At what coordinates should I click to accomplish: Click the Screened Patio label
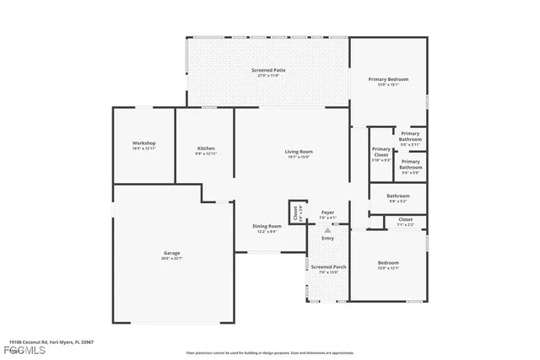point(267,73)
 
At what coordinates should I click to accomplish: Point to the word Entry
point(327,238)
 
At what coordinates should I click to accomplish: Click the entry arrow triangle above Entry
point(327,229)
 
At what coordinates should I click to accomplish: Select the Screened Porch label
point(327,269)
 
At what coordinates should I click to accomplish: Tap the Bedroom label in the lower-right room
point(388,266)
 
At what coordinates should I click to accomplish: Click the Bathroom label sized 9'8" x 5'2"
point(398,198)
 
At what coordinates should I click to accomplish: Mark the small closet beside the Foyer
point(295,213)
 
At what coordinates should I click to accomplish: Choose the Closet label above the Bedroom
point(406,222)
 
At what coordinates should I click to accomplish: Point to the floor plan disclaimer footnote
point(270,352)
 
